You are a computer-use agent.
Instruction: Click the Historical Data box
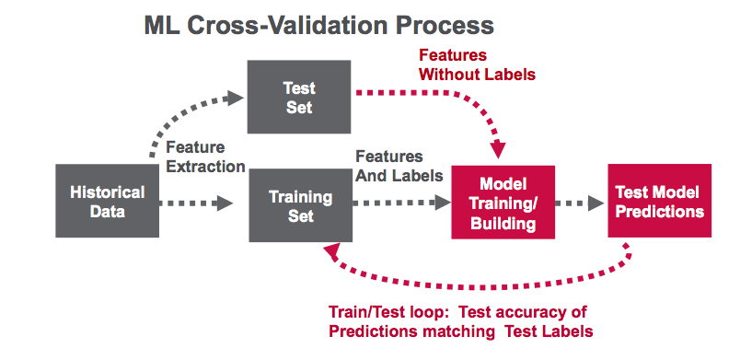(107, 201)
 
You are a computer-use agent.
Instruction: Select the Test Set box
(299, 97)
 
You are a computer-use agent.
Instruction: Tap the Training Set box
(300, 205)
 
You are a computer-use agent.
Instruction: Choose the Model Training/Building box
(503, 202)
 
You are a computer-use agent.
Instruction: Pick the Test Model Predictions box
(659, 201)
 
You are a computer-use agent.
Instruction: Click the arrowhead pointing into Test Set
(235, 98)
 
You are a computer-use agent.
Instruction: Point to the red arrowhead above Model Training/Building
(498, 150)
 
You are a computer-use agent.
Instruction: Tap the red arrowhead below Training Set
(332, 251)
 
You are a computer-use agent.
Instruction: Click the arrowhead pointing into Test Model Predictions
(596, 203)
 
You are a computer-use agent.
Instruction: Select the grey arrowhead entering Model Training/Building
(443, 203)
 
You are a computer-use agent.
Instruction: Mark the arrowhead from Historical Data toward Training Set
(225, 203)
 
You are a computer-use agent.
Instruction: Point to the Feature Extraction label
(205, 157)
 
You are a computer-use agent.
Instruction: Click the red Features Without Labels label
(477, 64)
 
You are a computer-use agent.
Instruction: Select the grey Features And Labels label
(399, 166)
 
